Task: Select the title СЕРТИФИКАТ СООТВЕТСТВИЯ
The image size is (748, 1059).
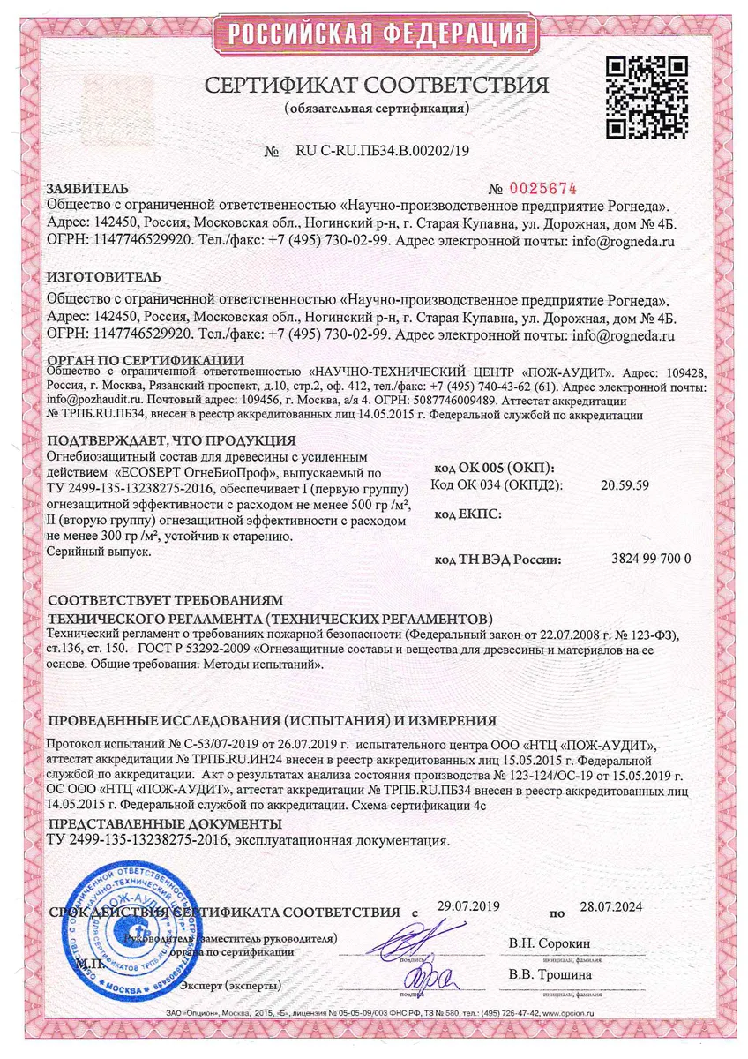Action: (377, 85)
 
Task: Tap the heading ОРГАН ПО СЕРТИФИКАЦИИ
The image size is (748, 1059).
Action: (146, 359)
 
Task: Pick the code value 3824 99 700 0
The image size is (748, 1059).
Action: (651, 559)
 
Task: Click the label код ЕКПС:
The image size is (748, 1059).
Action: (468, 514)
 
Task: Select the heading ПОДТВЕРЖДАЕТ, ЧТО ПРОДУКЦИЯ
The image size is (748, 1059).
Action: (171, 440)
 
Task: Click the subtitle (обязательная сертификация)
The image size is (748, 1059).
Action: (377, 109)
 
